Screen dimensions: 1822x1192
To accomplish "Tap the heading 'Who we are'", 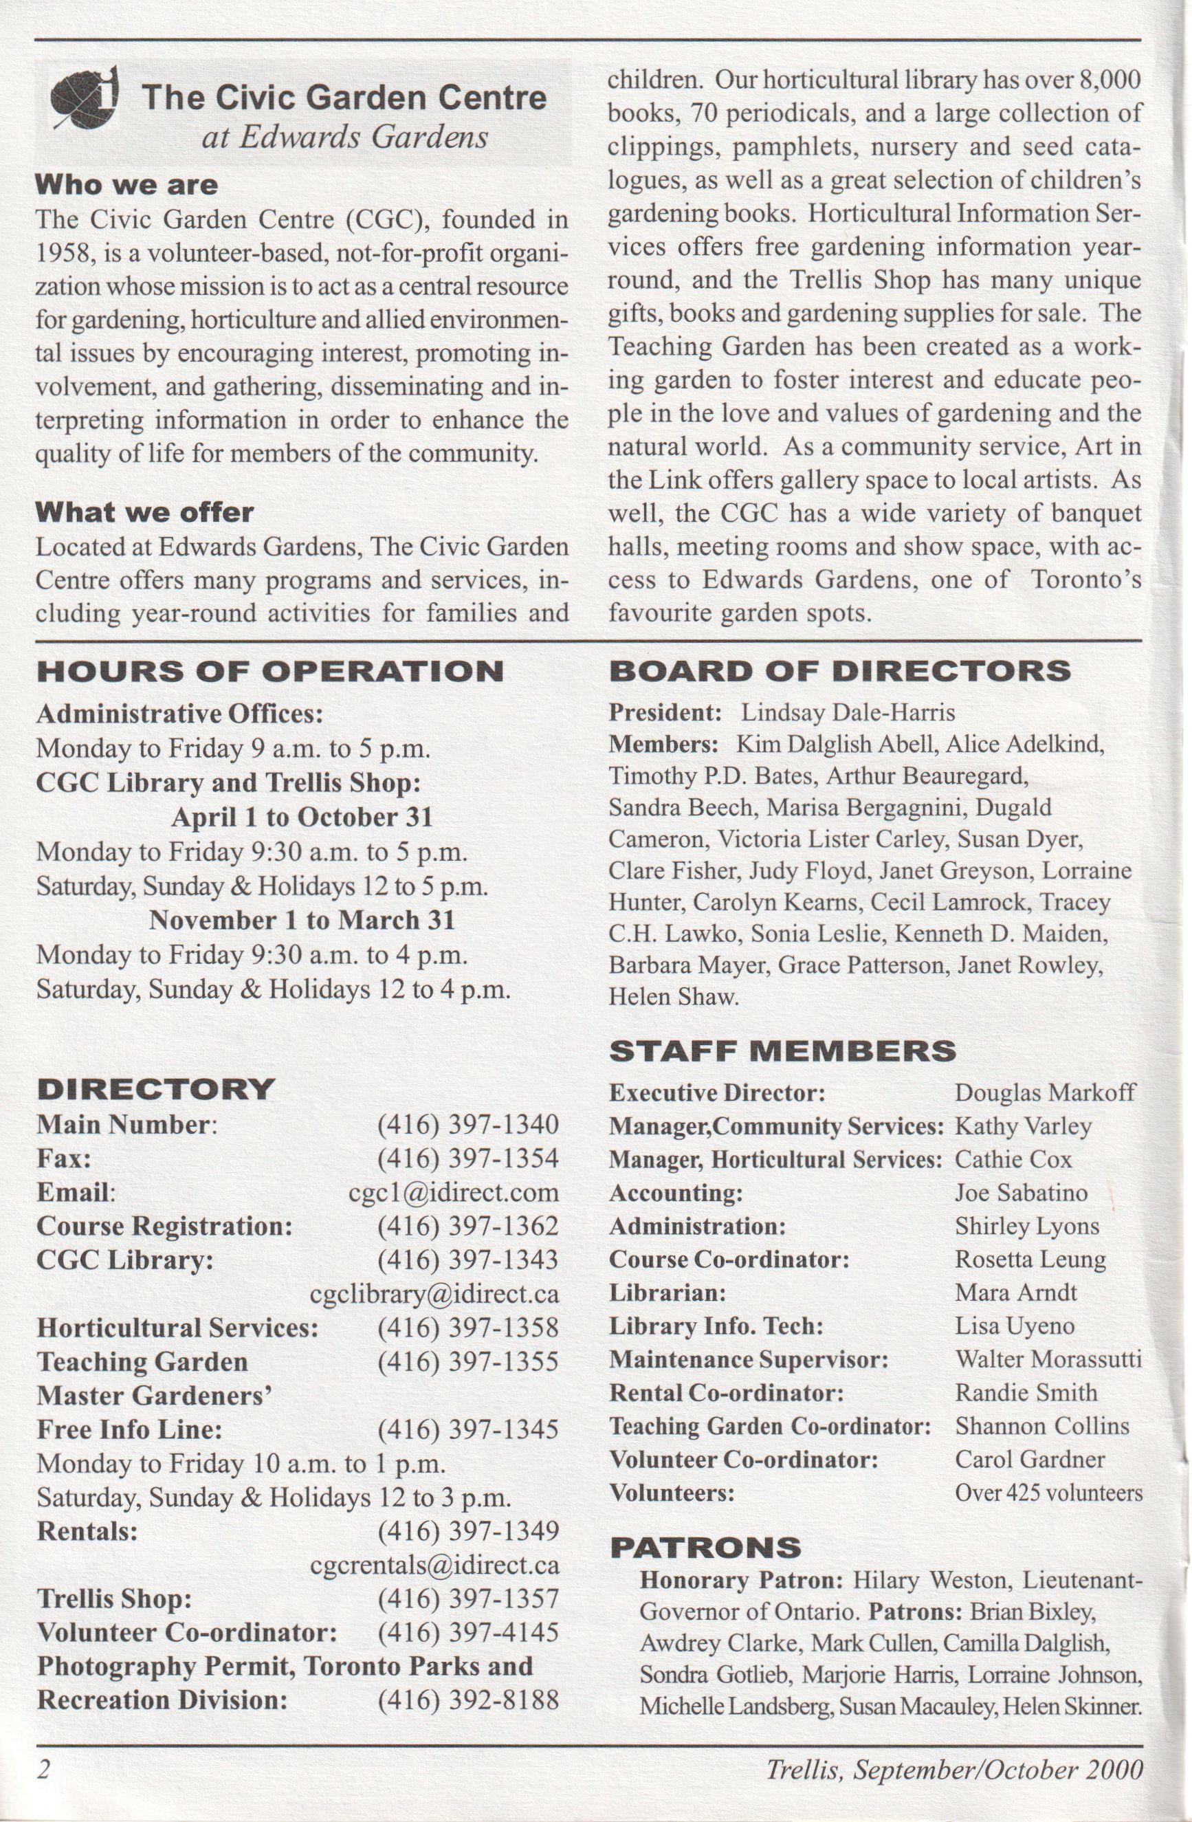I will point(126,185).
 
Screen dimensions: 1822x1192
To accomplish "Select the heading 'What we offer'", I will point(144,512).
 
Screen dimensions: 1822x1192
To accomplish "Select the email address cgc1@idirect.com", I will point(453,1192).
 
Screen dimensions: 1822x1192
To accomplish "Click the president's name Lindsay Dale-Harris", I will point(848,713).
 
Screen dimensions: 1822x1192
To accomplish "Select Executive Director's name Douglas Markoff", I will point(1045,1093).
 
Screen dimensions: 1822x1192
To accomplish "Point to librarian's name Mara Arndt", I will point(1016,1292).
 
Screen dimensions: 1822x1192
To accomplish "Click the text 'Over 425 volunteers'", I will point(1048,1493).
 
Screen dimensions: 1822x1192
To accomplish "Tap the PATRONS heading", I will point(705,1547).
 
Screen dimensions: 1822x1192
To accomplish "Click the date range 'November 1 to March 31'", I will point(302,920).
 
